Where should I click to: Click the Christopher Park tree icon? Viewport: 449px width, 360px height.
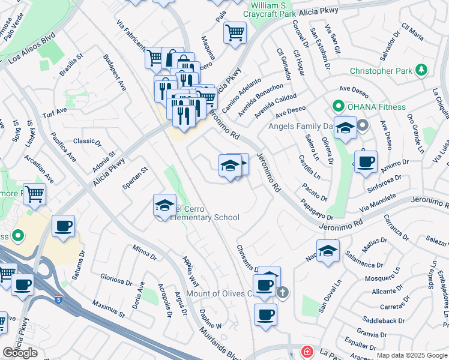click(x=422, y=71)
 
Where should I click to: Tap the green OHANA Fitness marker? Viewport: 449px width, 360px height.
click(x=338, y=107)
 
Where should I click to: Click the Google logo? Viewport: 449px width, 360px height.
click(x=20, y=353)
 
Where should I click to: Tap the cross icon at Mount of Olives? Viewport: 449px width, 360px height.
click(x=283, y=293)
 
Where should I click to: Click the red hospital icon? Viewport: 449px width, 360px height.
click(x=307, y=352)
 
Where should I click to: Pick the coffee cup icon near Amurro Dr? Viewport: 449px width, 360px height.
click(x=366, y=161)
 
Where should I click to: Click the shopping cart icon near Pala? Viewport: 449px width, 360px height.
click(x=235, y=32)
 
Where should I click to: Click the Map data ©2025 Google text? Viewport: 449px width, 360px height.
click(x=412, y=355)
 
